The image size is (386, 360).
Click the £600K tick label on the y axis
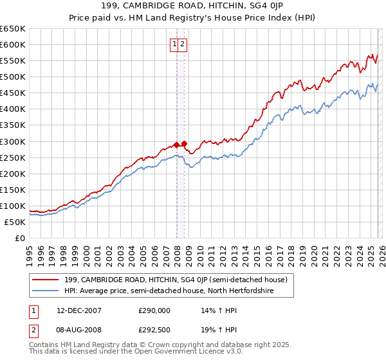13,44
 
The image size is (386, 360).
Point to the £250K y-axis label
13,157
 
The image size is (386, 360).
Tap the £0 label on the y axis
19,238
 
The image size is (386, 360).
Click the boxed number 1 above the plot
174,44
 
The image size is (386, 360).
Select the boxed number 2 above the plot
183,44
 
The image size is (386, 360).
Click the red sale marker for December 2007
176,145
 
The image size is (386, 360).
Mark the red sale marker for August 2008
184,143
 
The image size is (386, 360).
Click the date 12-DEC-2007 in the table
79,310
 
